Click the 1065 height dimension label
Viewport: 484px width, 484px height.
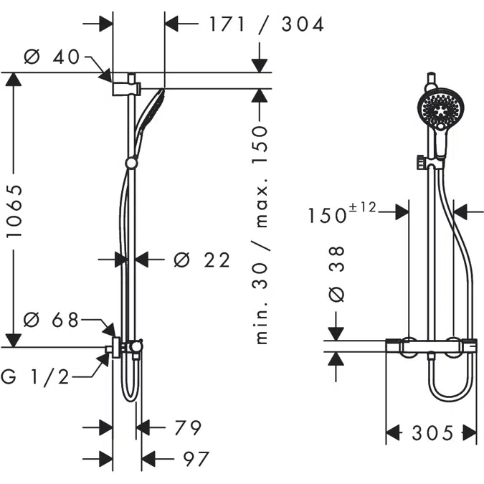click(14, 212)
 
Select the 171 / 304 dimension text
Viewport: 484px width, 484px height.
click(267, 24)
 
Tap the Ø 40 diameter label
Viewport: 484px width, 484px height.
click(52, 57)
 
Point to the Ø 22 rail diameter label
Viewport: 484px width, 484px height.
click(202, 260)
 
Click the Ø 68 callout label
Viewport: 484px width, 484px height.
click(51, 320)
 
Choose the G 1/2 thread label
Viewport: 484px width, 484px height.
click(35, 377)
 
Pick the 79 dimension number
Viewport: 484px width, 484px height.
click(188, 427)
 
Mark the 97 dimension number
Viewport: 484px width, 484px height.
click(196, 459)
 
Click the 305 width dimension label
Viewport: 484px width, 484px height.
click(432, 433)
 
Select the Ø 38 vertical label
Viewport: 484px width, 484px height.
click(336, 275)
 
